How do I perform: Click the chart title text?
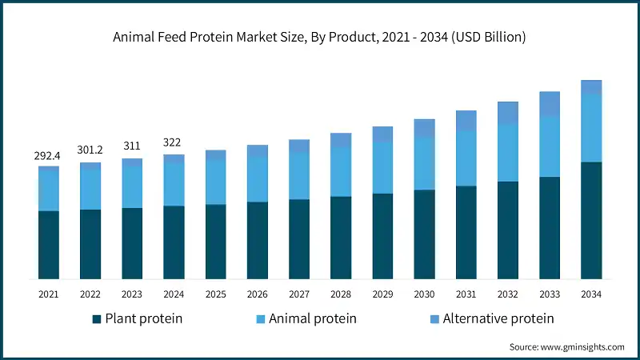point(320,37)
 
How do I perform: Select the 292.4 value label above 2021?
point(49,155)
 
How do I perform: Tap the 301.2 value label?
point(90,150)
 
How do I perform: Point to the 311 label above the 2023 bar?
point(132,146)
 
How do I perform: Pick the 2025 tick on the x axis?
point(215,294)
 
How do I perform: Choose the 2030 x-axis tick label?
point(424,294)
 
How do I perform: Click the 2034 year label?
point(590,294)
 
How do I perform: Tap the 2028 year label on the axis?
point(341,294)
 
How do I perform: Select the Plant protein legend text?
point(144,318)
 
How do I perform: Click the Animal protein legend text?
point(312,318)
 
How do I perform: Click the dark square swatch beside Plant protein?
point(97,318)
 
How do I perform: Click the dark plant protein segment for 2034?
point(590,220)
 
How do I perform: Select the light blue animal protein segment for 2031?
point(466,158)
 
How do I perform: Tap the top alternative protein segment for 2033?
point(549,104)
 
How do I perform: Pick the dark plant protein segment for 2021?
point(49,245)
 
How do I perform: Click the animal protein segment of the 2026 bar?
point(258,179)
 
